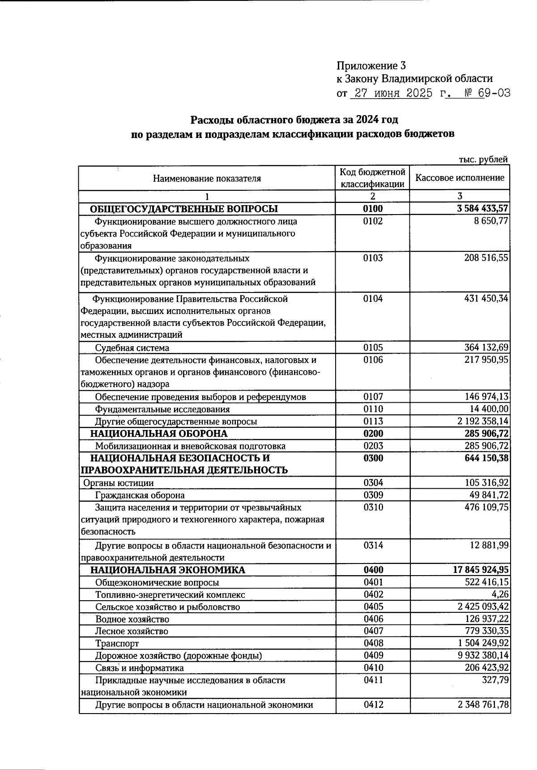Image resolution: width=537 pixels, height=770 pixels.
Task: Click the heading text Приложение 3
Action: (x=371, y=66)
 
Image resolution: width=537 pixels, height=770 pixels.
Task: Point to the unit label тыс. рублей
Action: (x=483, y=159)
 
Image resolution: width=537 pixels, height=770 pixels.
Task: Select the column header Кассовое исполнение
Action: (x=460, y=178)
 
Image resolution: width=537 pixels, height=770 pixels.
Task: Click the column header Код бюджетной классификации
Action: (x=372, y=178)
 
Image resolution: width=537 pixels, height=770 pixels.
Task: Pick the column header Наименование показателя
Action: (x=207, y=179)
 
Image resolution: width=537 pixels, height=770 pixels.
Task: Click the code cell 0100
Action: (x=373, y=209)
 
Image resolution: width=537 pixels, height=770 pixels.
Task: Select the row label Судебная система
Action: (x=132, y=348)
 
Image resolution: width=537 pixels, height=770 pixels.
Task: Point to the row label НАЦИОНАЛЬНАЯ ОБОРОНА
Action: (x=159, y=434)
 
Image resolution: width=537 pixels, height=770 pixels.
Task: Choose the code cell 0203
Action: (x=373, y=446)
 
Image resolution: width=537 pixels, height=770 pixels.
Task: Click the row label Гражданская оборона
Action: (x=140, y=495)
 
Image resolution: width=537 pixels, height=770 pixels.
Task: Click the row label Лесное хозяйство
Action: (x=132, y=631)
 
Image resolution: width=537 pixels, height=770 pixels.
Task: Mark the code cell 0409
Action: (x=373, y=655)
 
